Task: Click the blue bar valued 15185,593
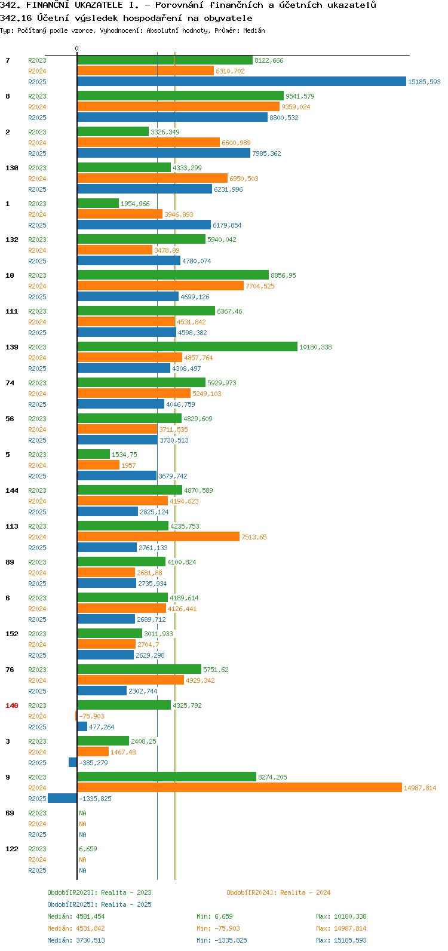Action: pyautogui.click(x=242, y=81)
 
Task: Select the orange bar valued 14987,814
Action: pyautogui.click(x=240, y=787)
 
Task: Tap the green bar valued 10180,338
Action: pyautogui.click(x=188, y=347)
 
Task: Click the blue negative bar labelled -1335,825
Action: pyautogui.click(x=63, y=798)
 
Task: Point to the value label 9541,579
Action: pyautogui.click(x=300, y=96)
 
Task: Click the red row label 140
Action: pyautogui.click(x=12, y=705)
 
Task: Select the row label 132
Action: pyautogui.click(x=12, y=240)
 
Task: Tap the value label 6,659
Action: pyautogui.click(x=88, y=849)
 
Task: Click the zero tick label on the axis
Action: pyautogui.click(x=77, y=48)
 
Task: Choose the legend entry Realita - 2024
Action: pyautogui.click(x=278, y=892)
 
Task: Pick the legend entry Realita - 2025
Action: pyautogui.click(x=99, y=904)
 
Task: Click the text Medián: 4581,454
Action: pyautogui.click(x=76, y=916)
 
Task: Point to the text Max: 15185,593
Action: pyautogui.click(x=342, y=940)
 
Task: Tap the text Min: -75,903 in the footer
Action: pyautogui.click(x=218, y=928)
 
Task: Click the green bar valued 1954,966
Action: pyautogui.click(x=98, y=203)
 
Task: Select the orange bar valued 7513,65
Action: pyautogui.click(x=158, y=536)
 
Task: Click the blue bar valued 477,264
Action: pyautogui.click(x=82, y=726)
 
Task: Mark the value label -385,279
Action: pyautogui.click(x=93, y=763)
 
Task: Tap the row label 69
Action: pyautogui.click(x=10, y=813)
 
